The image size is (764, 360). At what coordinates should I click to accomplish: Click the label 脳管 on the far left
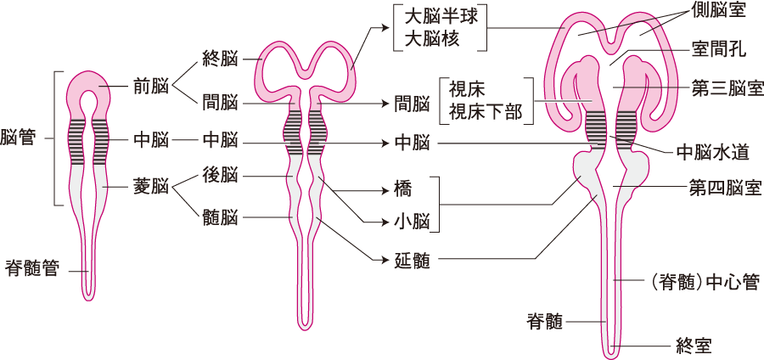coord(18,138)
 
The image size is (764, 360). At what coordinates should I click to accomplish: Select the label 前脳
coord(150,85)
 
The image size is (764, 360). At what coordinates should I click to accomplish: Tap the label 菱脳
coord(150,186)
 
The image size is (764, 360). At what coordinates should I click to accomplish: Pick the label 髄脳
coord(220,218)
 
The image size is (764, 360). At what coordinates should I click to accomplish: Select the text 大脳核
coord(428,39)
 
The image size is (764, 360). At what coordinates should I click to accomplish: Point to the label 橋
coord(403,187)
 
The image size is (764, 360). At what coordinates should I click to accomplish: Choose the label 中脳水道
coord(713,154)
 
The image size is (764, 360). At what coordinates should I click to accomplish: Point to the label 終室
coord(694,345)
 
